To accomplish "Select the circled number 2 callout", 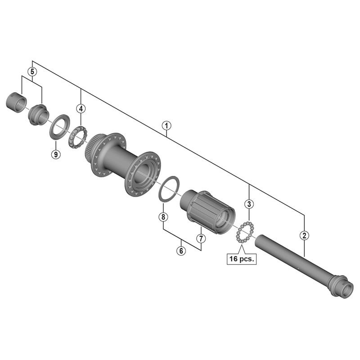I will pyautogui.click(x=305, y=235).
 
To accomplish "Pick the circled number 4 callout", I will pyautogui.click(x=81, y=108).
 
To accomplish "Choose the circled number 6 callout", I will pyautogui.click(x=181, y=251).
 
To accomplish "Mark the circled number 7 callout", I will pyautogui.click(x=201, y=238).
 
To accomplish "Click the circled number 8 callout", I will pyautogui.click(x=163, y=217).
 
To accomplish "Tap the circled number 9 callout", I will pyautogui.click(x=55, y=154).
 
